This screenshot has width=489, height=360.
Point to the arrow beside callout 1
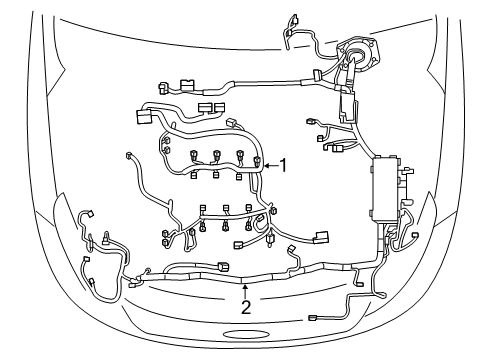click(x=269, y=164)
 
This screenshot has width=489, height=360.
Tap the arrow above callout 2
click(x=244, y=289)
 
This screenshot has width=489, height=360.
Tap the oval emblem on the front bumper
click(x=245, y=332)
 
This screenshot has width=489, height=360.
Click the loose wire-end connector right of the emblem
click(x=313, y=318)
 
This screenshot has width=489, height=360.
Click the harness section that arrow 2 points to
click(x=244, y=280)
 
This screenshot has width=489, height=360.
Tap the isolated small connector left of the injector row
click(x=130, y=156)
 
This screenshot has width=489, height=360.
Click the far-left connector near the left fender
click(x=81, y=214)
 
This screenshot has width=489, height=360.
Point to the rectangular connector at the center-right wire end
click(x=322, y=237)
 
